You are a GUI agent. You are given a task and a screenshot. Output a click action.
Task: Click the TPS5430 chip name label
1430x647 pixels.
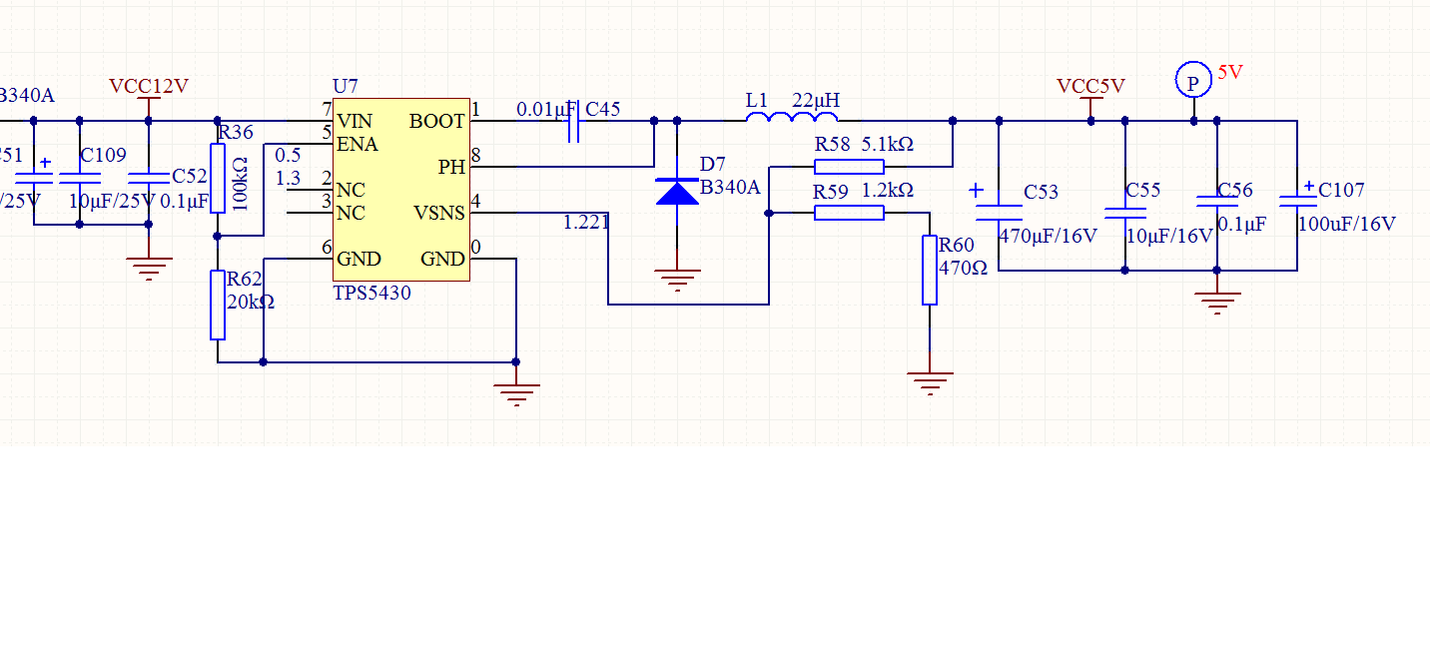point(371,294)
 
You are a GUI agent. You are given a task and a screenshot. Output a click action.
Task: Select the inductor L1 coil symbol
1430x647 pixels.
point(792,120)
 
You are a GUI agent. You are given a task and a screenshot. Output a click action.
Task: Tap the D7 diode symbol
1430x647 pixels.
point(677,191)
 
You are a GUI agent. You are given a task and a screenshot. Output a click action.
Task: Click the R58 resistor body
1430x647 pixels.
point(849,166)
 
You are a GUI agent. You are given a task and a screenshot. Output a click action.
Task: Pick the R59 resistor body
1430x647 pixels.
point(849,213)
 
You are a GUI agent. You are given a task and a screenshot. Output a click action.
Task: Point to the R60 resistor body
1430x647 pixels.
point(930,270)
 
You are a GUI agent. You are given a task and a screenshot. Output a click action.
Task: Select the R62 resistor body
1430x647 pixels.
point(218,305)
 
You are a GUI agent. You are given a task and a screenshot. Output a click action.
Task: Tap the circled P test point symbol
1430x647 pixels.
point(1192,80)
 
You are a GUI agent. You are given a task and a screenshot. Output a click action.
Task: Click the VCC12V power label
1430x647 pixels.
point(149,86)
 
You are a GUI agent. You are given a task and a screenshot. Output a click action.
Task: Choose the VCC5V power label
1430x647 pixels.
point(1090,86)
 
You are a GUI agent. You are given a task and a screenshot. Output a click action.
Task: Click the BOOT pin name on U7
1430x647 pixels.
point(437,121)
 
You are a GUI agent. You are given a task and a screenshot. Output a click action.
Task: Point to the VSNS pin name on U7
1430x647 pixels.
point(439,213)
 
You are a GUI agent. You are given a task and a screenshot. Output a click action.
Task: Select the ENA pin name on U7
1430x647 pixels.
point(357,145)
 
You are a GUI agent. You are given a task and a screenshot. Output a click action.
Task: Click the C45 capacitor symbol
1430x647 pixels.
point(574,121)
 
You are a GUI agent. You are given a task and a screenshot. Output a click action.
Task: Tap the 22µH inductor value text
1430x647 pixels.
point(816,100)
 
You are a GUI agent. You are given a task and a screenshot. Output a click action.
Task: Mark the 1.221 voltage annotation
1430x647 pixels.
point(586,223)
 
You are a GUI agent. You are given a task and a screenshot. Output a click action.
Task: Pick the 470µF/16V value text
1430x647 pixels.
point(1048,237)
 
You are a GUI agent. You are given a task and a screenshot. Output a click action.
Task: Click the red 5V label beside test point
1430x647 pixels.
point(1230,73)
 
